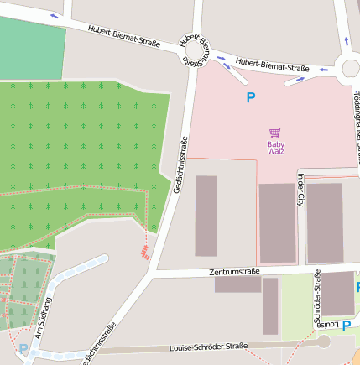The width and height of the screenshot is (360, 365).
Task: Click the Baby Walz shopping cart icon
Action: click(275, 133)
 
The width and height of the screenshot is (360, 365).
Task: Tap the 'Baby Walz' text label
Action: click(275, 147)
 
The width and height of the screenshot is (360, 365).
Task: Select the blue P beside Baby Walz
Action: click(250, 98)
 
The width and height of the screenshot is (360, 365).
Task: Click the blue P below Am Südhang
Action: click(23, 349)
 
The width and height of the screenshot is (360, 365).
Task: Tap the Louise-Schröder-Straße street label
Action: click(208, 346)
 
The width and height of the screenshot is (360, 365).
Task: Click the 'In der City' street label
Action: click(300, 189)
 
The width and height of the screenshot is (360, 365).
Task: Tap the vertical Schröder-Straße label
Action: click(317, 296)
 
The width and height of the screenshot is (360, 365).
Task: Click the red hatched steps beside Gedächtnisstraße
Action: click(146, 251)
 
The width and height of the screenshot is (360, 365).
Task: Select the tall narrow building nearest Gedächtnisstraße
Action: click(206, 216)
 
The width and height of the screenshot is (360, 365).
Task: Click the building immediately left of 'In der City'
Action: click(276, 222)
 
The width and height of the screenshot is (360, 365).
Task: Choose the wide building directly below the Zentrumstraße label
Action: click(237, 284)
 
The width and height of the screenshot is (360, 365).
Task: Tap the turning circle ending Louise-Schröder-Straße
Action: click(324, 341)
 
